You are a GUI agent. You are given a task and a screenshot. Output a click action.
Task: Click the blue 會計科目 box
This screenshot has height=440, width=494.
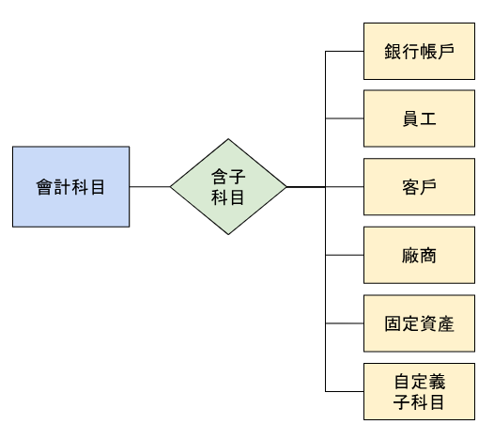pyautogui.click(x=70, y=187)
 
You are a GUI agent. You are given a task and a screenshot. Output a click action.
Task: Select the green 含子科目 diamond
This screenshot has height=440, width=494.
pyautogui.click(x=228, y=187)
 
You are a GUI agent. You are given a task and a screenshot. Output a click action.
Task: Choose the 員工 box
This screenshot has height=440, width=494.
pyautogui.click(x=419, y=118)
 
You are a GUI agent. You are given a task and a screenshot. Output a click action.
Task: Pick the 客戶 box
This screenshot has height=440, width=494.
pyautogui.click(x=419, y=187)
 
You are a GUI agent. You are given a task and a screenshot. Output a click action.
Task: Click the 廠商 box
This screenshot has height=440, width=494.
pyautogui.click(x=419, y=255)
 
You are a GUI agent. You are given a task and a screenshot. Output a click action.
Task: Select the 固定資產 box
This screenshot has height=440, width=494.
pyautogui.click(x=419, y=323)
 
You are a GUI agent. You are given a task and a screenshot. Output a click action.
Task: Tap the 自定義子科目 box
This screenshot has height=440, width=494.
pyautogui.click(x=419, y=392)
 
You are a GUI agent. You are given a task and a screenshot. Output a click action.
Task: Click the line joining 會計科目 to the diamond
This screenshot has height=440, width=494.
pyautogui.click(x=149, y=187)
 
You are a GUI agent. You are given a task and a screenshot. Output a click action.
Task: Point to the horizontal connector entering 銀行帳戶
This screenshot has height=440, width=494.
pyautogui.click(x=344, y=51)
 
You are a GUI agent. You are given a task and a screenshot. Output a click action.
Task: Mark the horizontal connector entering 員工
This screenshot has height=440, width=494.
pyautogui.click(x=344, y=118)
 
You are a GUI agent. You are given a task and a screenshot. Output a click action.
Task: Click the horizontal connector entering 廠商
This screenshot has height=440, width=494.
pyautogui.click(x=344, y=255)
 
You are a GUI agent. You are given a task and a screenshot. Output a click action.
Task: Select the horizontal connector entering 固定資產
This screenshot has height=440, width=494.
pyautogui.click(x=344, y=323)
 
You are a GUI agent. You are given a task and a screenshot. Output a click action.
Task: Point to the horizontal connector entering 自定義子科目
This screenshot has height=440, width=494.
pyautogui.click(x=344, y=392)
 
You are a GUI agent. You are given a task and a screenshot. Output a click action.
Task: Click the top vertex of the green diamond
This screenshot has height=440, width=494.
pyautogui.click(x=228, y=141)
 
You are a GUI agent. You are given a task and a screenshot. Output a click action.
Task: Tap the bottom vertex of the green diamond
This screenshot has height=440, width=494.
pyautogui.click(x=228, y=233)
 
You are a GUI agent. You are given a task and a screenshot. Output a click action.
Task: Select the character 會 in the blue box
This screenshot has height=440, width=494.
pyautogui.click(x=45, y=187)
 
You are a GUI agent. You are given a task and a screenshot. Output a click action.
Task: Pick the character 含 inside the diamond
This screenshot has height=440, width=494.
pyautogui.click(x=219, y=177)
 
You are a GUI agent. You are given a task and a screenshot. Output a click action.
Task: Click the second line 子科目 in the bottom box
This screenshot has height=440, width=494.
pyautogui.click(x=419, y=402)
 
